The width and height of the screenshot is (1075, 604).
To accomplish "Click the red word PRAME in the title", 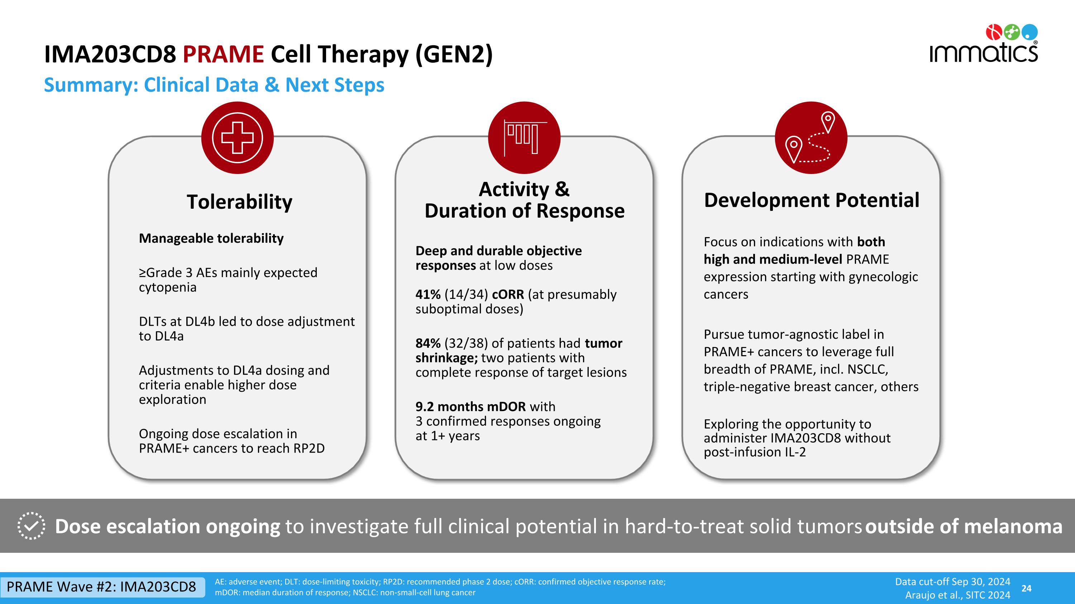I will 223,55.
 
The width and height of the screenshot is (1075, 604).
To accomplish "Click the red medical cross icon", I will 238,137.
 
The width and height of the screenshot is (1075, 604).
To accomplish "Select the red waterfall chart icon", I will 524,137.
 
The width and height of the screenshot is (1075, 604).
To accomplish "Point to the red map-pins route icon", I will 811,137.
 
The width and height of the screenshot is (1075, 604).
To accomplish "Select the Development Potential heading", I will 811,200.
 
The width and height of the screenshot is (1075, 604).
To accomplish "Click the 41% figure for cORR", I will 428,295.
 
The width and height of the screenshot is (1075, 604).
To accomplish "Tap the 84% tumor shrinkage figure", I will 428,343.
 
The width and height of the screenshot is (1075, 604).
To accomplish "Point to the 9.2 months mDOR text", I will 470,406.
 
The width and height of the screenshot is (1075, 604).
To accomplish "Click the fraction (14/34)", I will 466,295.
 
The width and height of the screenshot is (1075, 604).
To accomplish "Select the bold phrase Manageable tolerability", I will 211,238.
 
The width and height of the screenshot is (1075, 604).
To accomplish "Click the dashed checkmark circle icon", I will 31,526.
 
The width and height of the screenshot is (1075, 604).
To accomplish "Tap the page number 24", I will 1026,588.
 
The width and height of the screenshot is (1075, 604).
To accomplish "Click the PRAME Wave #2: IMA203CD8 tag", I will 101,587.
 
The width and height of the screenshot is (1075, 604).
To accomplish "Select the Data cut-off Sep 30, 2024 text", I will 952,581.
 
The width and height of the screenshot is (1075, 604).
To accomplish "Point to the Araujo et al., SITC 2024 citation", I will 957,595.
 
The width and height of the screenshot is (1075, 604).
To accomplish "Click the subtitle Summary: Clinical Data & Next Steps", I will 214,85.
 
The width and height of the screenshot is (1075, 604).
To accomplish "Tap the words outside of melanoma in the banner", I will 964,526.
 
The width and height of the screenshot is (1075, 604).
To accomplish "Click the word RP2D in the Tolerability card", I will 309,449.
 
